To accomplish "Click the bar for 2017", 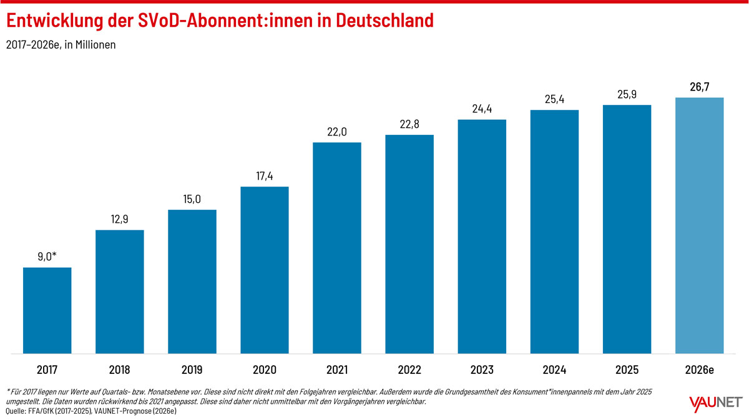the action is coord(47,310).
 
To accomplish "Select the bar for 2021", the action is coord(337,248).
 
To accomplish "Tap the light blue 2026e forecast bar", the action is coord(700,225).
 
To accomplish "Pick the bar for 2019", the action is coord(192,281).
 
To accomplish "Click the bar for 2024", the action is coord(554,232).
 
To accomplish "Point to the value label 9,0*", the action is coord(47,256).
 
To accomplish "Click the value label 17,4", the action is coord(265,176).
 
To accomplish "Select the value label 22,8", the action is coord(409,124).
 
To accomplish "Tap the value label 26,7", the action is coord(700,87).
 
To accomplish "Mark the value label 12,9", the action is coord(120,219).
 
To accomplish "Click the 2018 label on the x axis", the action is coord(120,370).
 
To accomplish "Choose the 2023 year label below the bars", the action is coord(482,370).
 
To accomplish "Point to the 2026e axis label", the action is coord(700,370).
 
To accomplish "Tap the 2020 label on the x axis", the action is coord(265,370).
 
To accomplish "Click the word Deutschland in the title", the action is coord(384,20).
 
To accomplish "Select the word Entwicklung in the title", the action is coord(55,21).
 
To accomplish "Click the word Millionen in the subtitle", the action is coord(95,44).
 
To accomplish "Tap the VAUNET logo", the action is coord(716,404).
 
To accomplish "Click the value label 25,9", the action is coord(627,94).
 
